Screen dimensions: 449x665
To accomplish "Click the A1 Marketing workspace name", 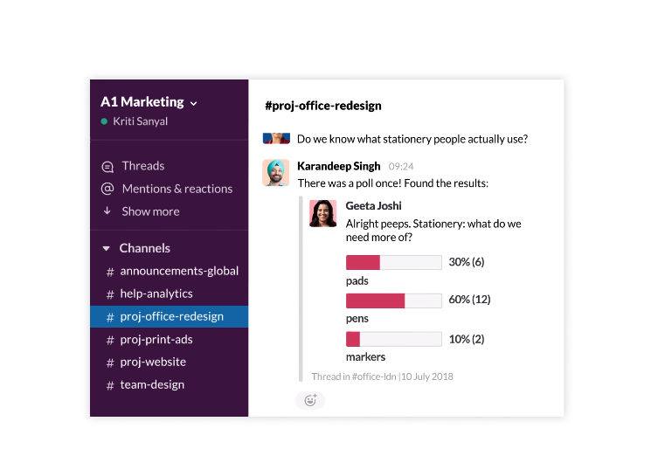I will (x=142, y=102).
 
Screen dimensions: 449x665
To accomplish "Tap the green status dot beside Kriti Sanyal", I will (x=105, y=122).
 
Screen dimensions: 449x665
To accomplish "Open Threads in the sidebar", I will (x=142, y=166).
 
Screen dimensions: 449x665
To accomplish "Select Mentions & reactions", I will (x=177, y=189).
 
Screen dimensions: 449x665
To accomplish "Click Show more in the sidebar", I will (x=150, y=211).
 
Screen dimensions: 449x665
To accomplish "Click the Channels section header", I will (x=144, y=248).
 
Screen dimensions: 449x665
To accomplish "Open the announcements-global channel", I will (x=178, y=271).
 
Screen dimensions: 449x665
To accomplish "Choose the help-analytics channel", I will (x=156, y=294).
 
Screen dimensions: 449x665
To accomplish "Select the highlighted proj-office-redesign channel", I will (x=171, y=316).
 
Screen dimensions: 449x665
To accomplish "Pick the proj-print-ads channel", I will (x=156, y=339).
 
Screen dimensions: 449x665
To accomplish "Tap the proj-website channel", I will (x=152, y=362).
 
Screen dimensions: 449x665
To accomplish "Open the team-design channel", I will (x=151, y=384).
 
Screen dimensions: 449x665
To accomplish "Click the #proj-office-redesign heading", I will (x=323, y=106).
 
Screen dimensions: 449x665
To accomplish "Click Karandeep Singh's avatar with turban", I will (x=276, y=172).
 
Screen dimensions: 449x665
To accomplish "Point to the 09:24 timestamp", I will (x=401, y=166).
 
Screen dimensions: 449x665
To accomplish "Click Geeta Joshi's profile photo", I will (x=323, y=213).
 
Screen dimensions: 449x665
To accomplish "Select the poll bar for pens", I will (x=393, y=300).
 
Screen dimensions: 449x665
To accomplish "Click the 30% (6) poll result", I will (x=466, y=262).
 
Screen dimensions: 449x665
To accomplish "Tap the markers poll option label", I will (x=365, y=356).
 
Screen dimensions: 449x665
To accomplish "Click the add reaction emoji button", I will (x=309, y=401).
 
